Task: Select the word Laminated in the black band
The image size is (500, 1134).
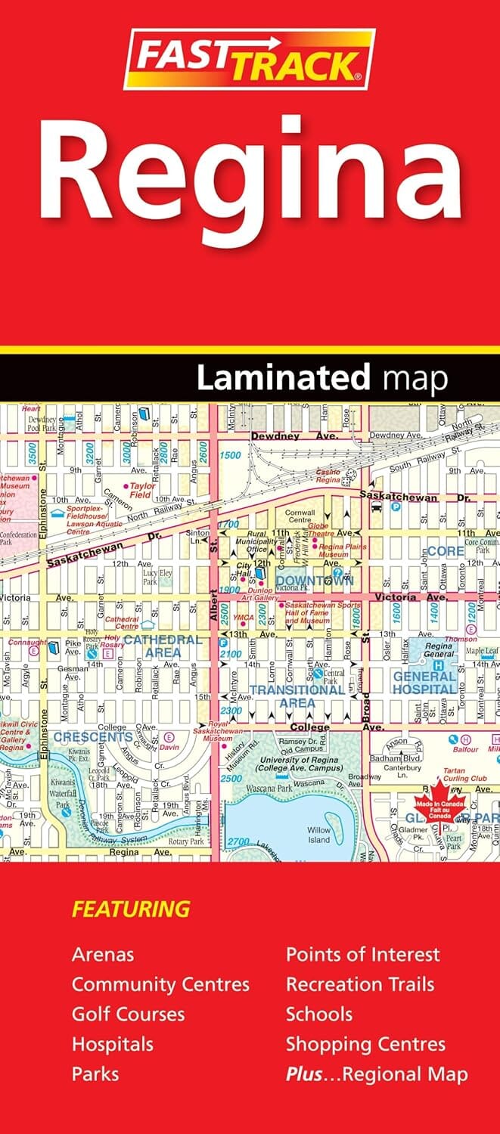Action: tap(284, 378)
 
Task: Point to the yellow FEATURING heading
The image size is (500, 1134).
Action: tap(130, 908)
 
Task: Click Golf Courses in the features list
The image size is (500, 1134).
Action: tap(128, 1014)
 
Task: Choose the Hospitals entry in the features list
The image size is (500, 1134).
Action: tap(112, 1044)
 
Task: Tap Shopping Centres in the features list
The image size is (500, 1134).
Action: tap(365, 1044)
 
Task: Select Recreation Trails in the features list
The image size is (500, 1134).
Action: tap(360, 984)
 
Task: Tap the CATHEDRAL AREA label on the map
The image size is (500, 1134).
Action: tap(163, 645)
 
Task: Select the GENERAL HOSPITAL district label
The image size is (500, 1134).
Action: tap(424, 683)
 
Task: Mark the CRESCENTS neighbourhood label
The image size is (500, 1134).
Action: tap(94, 736)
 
